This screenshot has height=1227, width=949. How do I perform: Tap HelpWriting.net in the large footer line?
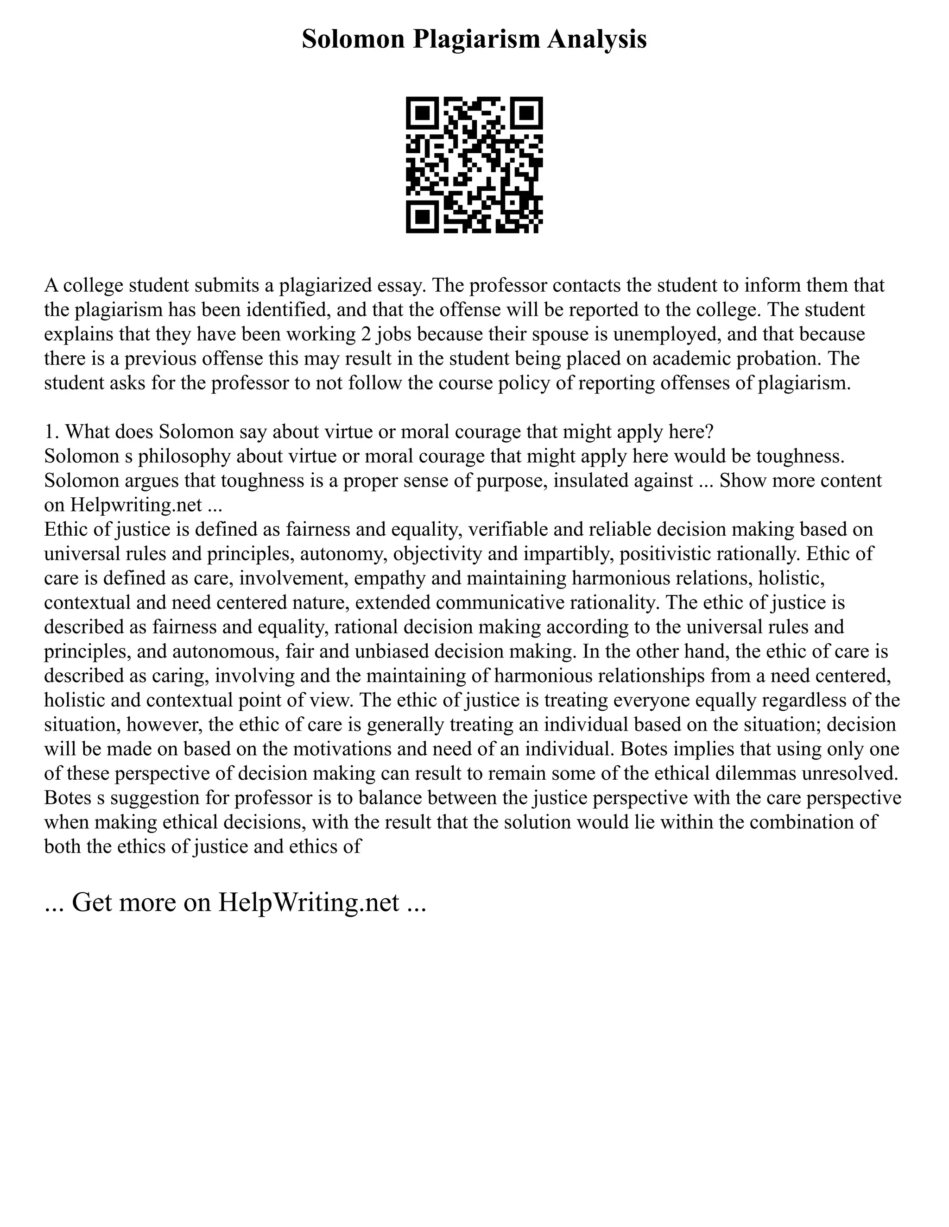click(308, 902)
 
